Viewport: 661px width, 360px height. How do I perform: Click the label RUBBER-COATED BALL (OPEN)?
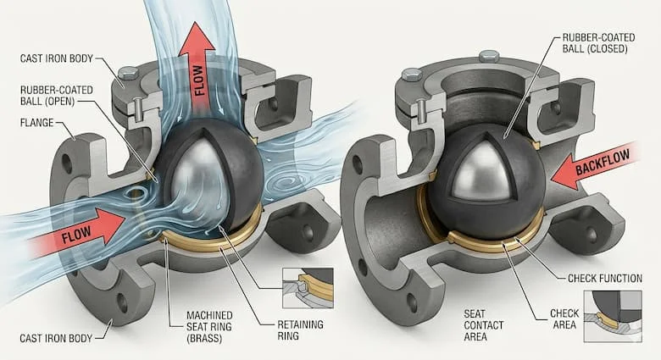(57, 96)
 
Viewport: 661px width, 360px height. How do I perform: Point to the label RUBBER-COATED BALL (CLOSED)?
(598, 43)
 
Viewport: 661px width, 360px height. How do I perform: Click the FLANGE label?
(37, 123)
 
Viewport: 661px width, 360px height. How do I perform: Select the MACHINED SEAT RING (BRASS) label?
(209, 327)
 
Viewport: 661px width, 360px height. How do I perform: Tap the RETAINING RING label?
(300, 330)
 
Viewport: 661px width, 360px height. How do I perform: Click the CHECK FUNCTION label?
(605, 278)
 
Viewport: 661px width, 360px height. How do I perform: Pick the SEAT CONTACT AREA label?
(484, 325)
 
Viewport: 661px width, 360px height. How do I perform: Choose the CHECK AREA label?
(564, 319)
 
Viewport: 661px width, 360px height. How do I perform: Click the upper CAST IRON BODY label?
(57, 58)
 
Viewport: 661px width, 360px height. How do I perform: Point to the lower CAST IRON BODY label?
(56, 338)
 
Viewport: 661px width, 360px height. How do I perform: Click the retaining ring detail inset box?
(308, 287)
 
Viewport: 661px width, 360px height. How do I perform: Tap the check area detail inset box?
(613, 316)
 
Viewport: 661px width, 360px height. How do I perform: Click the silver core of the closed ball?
(484, 172)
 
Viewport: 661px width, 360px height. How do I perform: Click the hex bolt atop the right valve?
(489, 56)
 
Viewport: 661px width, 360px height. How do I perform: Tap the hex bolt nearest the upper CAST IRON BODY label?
(128, 74)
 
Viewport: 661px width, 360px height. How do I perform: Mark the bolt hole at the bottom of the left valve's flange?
(122, 302)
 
